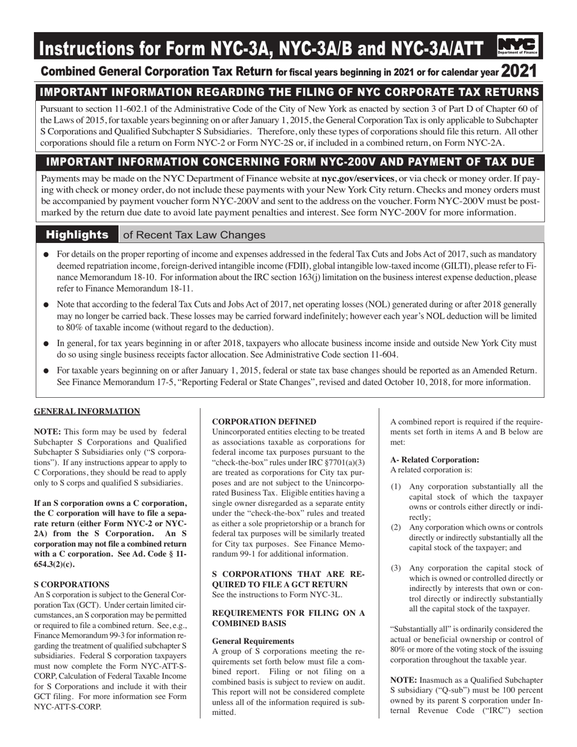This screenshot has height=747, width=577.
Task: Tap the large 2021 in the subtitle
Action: (x=519, y=72)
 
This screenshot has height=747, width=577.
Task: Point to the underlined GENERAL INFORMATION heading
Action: (x=87, y=411)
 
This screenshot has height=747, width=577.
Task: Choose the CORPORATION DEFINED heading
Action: (x=264, y=421)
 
